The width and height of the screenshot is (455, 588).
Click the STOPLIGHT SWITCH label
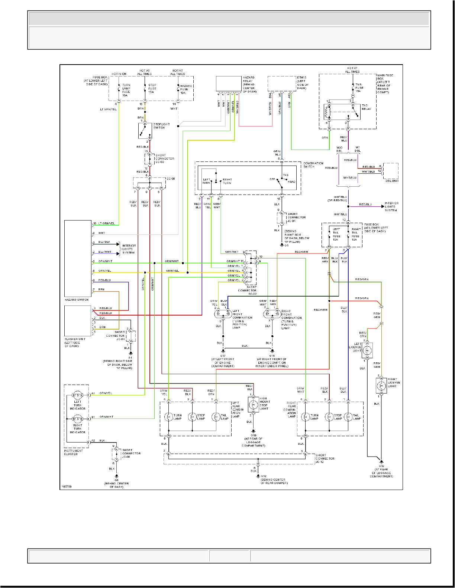tap(161, 126)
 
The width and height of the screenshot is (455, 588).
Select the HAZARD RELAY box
tap(229, 84)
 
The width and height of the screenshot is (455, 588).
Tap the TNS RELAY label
tap(366, 107)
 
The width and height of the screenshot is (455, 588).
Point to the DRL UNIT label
tap(392, 181)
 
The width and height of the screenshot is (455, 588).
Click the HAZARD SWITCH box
tap(78, 258)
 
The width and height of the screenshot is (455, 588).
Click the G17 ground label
tap(223, 356)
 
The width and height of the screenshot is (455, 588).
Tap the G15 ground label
tap(272, 356)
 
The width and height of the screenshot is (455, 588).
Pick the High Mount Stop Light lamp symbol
tap(253, 404)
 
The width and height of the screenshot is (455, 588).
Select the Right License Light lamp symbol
tap(381, 386)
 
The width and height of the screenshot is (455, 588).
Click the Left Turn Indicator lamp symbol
tap(77, 395)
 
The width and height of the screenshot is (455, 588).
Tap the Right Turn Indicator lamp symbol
tap(77, 419)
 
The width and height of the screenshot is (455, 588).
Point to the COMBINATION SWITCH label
tap(313, 165)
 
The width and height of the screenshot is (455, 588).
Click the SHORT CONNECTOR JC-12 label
tap(325, 458)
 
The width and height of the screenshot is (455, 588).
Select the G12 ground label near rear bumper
tap(264, 476)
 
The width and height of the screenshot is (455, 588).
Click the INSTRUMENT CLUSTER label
tap(73, 452)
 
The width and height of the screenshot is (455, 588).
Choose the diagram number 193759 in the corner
tap(67, 486)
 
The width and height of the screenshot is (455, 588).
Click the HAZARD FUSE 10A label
tap(186, 89)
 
